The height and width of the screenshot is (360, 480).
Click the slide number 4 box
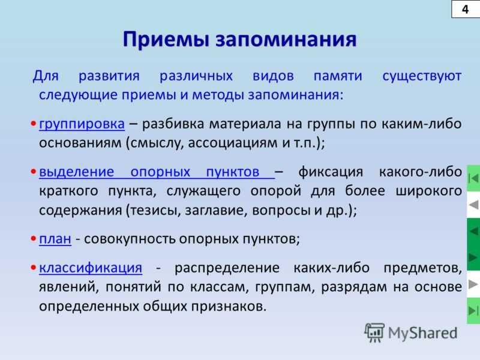466,9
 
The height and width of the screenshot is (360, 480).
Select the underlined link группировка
82,124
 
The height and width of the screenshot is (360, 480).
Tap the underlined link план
55,239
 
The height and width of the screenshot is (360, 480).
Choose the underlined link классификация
91,268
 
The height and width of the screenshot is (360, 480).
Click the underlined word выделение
77,172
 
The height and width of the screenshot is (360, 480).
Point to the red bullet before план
34,239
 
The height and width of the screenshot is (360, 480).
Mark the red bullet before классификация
34,268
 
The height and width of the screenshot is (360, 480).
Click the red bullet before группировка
34,124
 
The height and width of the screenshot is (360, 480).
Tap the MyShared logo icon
374,332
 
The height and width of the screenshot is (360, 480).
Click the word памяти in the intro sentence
338,76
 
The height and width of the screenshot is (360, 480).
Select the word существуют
422,76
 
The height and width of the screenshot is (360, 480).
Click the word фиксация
331,172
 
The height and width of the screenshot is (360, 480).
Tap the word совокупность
130,239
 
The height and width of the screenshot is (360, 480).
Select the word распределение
227,268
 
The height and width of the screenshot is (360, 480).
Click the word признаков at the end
229,307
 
